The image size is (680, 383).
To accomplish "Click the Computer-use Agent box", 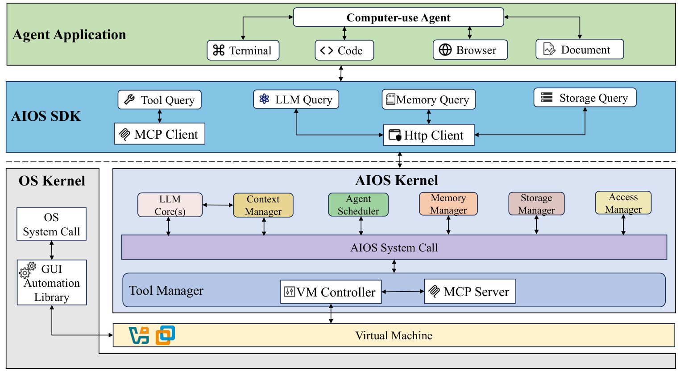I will (x=398, y=17).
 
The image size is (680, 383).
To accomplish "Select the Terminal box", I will (x=243, y=50).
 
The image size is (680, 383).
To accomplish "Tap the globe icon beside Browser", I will (x=445, y=50).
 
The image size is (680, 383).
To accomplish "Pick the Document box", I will (x=580, y=49).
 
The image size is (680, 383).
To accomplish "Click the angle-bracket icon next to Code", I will (x=327, y=50).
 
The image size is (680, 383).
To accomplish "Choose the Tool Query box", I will (x=160, y=100).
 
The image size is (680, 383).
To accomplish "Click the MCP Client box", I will (x=159, y=134).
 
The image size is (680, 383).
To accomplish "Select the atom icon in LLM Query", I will (x=264, y=99).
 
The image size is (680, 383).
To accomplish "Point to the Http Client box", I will (x=428, y=135).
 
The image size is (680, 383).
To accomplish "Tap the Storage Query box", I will (x=585, y=98).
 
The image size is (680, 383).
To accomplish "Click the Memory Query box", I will (x=429, y=99).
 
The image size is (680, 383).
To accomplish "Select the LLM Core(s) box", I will (x=170, y=205).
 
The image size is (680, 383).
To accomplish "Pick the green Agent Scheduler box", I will (x=358, y=205).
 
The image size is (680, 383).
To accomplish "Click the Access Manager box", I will (x=623, y=203).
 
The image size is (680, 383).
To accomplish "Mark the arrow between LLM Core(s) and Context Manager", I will (x=218, y=205).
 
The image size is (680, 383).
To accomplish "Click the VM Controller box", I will (x=331, y=292).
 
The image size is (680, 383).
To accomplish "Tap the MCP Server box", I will (x=469, y=292).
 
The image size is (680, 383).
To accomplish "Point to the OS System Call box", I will (x=51, y=224).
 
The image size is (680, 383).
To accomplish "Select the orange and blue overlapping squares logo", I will (x=165, y=335).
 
